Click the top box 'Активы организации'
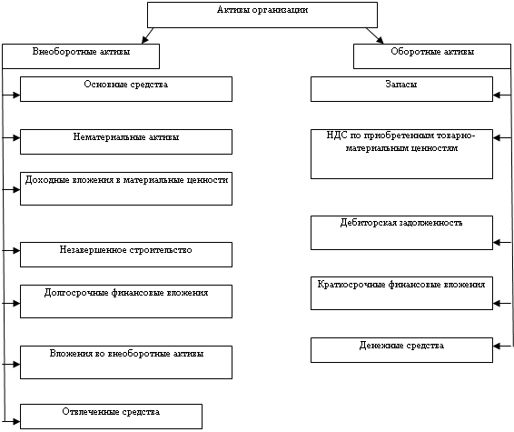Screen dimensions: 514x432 (x=262, y=15)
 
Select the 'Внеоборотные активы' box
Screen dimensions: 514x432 (x=81, y=56)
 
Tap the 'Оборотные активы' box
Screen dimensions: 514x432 (x=432, y=56)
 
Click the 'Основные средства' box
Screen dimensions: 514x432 (x=126, y=89)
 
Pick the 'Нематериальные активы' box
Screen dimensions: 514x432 (x=126, y=142)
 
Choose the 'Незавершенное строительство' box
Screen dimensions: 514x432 (x=126, y=255)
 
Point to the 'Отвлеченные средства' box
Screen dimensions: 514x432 (x=111, y=417)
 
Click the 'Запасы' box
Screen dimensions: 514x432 (x=401, y=89)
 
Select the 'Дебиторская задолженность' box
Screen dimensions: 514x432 (x=401, y=233)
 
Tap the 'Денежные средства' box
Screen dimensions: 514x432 (x=401, y=350)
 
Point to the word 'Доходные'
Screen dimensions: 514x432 (x=43, y=180)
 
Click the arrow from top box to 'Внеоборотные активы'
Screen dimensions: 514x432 (x=147, y=35)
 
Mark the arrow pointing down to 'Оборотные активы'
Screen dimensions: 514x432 (x=375, y=35)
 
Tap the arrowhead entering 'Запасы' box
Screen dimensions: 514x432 (x=497, y=95)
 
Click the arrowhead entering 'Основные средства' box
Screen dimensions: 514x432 (x=16, y=95)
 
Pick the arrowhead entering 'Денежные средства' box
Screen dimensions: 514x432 (x=497, y=346)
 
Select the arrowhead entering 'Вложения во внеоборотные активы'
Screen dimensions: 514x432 (x=16, y=364)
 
